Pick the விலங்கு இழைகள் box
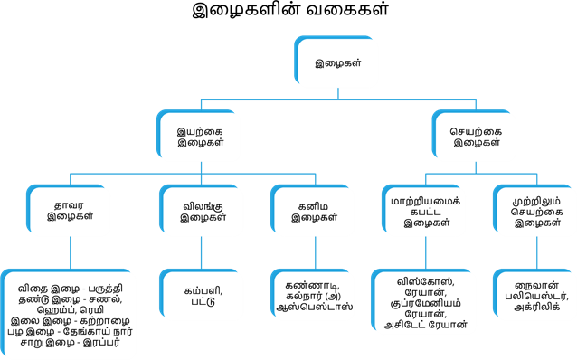200,211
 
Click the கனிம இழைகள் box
312,211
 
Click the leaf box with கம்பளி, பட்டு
200,295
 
